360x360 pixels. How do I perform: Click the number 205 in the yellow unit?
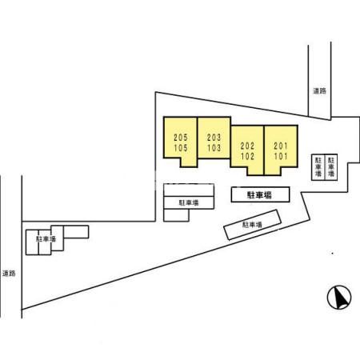pyautogui.click(x=181, y=138)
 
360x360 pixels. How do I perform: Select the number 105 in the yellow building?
pyautogui.click(x=181, y=148)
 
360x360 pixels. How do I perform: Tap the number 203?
pyautogui.click(x=214, y=138)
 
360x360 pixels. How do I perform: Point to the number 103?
pyautogui.click(x=214, y=148)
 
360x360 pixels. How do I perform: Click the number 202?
pyautogui.click(x=247, y=146)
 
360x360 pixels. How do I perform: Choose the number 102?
pyautogui.click(x=247, y=156)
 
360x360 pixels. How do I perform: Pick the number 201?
pyautogui.click(x=281, y=146)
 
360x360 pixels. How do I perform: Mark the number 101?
pyautogui.click(x=281, y=156)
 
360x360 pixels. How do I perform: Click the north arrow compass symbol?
pyautogui.click(x=339, y=298)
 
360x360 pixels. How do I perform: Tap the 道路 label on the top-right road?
pyautogui.click(x=319, y=91)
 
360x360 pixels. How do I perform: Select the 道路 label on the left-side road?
pyautogui.click(x=9, y=274)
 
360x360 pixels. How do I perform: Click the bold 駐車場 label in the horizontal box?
pyautogui.click(x=260, y=195)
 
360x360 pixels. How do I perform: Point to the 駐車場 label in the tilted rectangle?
pyautogui.click(x=252, y=225)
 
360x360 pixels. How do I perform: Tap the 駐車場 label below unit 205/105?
pyautogui.click(x=189, y=202)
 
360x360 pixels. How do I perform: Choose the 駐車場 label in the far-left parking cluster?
pyautogui.click(x=46, y=239)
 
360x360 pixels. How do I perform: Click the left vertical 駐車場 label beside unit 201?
pyautogui.click(x=318, y=167)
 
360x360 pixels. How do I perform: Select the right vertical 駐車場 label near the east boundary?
pyautogui.click(x=331, y=167)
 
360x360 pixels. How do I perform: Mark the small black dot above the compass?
pyautogui.click(x=332, y=254)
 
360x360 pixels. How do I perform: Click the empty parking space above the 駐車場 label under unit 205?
pyautogui.click(x=189, y=190)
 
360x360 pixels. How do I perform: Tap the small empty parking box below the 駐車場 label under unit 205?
pyautogui.click(x=176, y=215)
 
